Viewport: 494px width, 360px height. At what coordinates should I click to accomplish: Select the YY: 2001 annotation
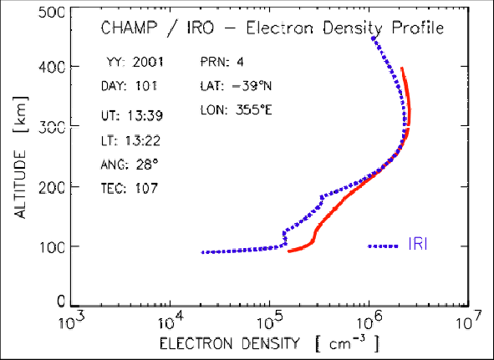coord(135,62)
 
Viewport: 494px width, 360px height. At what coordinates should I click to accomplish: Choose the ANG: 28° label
coord(130,162)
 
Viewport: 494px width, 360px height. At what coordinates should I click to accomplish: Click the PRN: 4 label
coord(225,62)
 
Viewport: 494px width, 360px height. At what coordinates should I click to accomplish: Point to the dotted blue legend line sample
coord(384,246)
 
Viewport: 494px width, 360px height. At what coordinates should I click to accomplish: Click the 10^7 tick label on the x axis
coord(468,319)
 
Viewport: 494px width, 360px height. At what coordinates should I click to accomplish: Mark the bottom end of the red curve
coord(289,251)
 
